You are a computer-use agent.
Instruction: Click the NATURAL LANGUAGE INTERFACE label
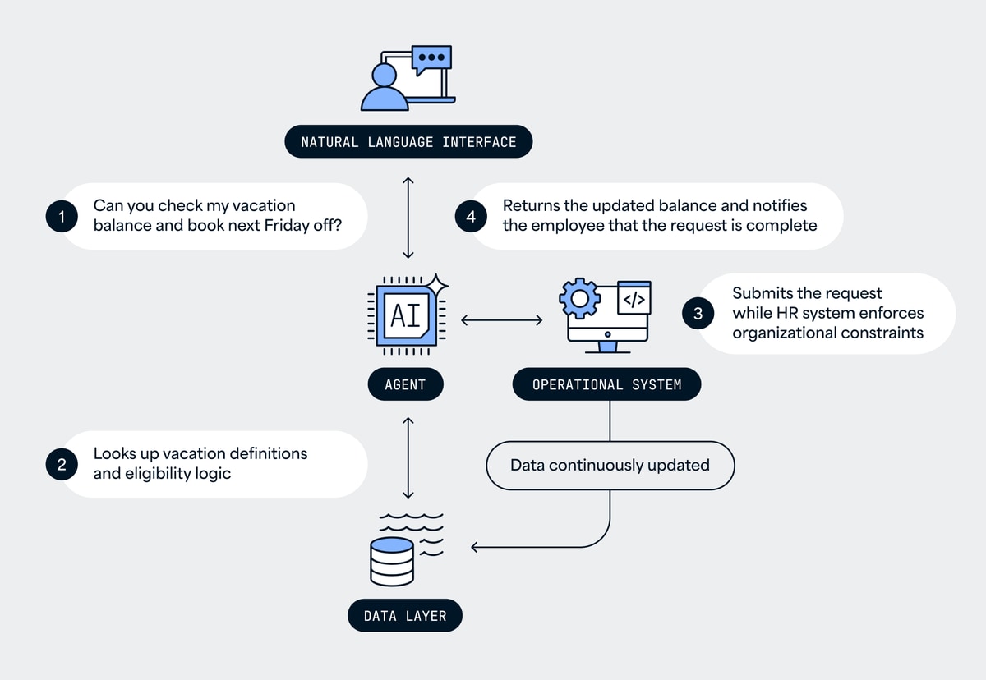tap(408, 141)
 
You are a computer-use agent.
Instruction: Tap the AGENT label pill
tap(405, 384)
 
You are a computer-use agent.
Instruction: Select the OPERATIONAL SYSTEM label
tap(606, 384)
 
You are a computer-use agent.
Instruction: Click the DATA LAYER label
tap(405, 615)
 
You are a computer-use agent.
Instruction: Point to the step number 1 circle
tap(62, 217)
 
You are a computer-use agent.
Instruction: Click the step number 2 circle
tap(62, 465)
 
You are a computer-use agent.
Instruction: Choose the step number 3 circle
tap(698, 313)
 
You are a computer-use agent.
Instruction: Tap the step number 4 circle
tap(471, 217)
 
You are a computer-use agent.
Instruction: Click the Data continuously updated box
tap(610, 466)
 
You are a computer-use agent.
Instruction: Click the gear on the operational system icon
tap(580, 298)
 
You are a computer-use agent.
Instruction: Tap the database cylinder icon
tap(392, 562)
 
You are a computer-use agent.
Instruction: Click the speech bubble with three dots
tap(432, 59)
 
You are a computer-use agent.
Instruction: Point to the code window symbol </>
tap(634, 300)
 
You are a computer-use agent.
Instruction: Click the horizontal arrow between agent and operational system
tap(501, 319)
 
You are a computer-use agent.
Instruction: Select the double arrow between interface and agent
tap(408, 218)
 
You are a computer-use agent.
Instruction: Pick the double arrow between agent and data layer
tap(408, 457)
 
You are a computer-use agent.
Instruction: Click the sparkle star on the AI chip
tap(436, 285)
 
